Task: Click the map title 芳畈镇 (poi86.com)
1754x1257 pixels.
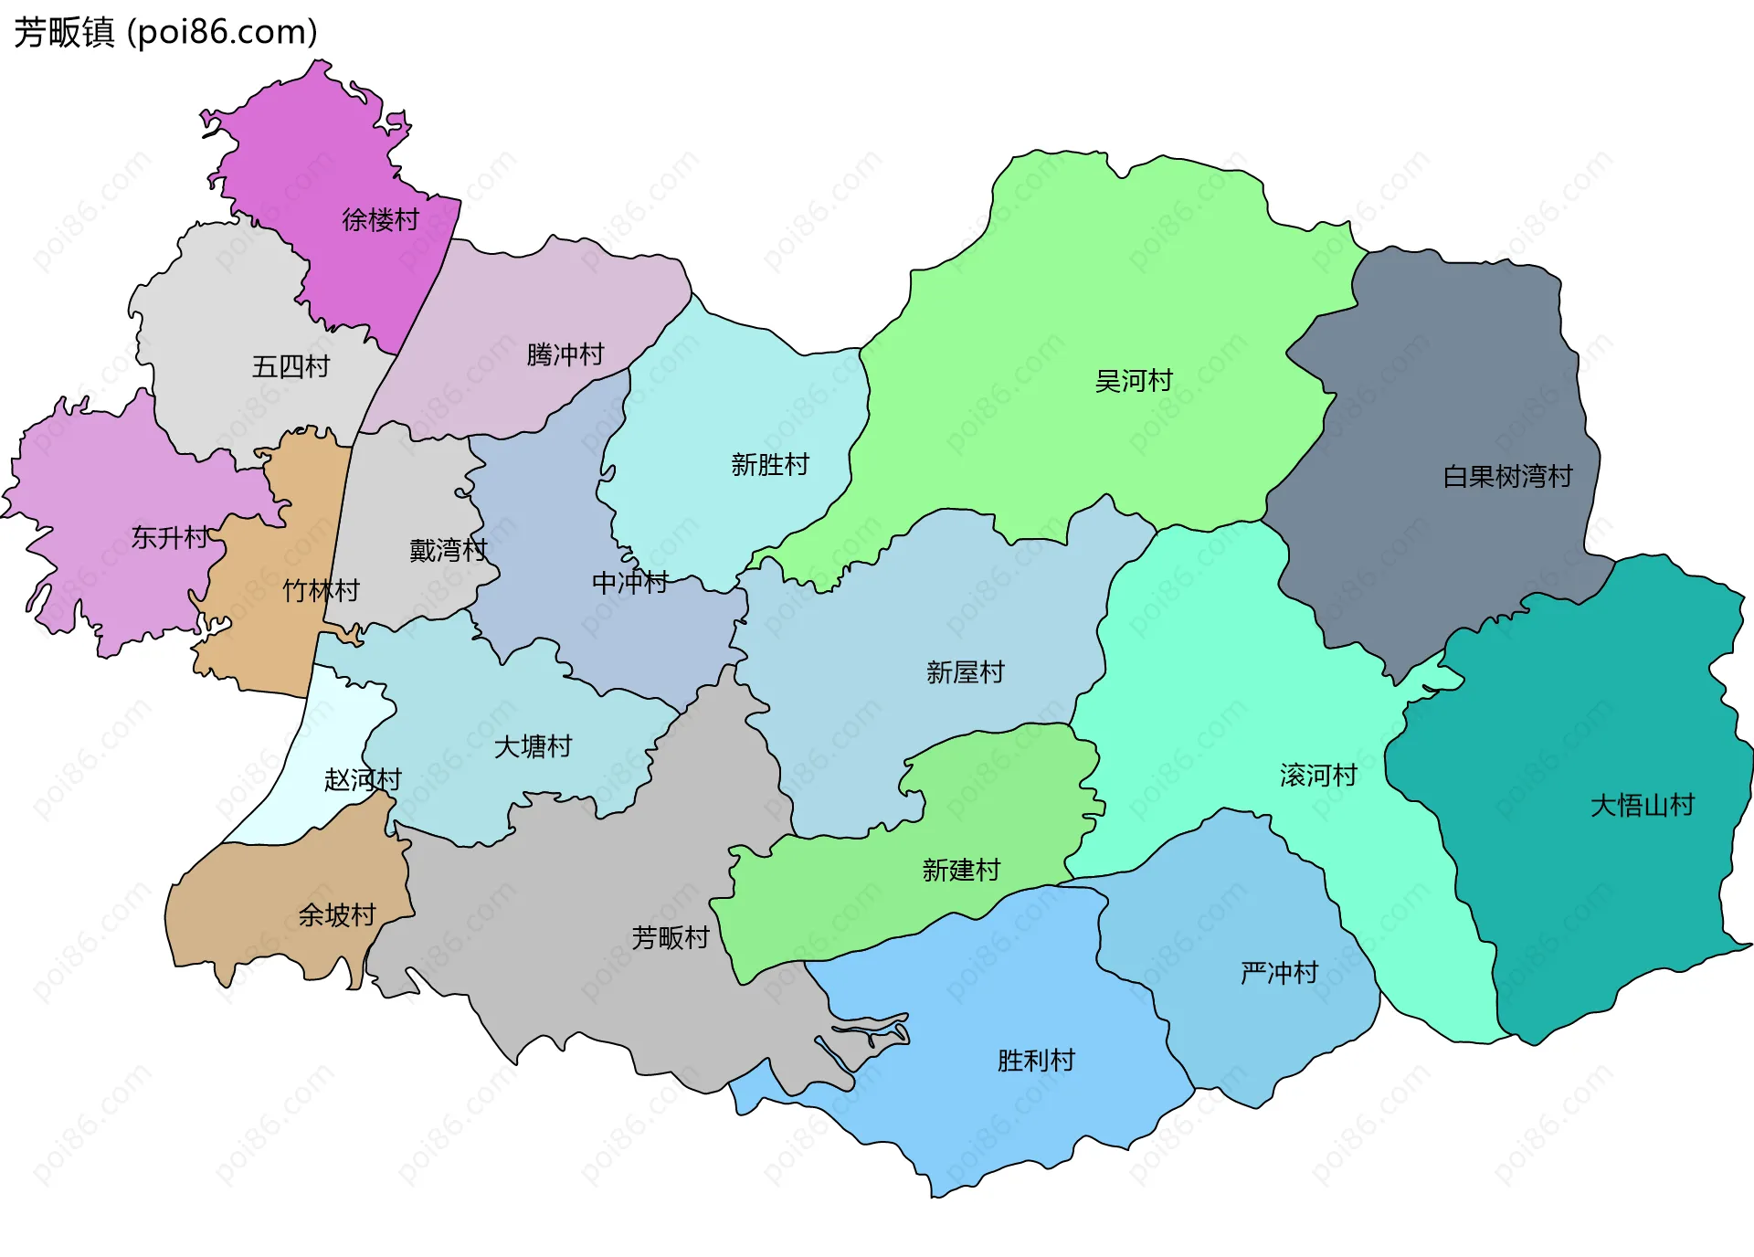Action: (165, 32)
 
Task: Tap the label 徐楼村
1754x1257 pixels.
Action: (380, 220)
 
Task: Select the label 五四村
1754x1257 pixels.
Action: (291, 367)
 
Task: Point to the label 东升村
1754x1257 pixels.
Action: (170, 537)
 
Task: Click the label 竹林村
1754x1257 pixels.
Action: (321, 591)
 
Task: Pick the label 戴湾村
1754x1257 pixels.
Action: (448, 551)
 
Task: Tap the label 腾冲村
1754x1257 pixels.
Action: (565, 354)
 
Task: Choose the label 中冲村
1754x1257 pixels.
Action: (630, 582)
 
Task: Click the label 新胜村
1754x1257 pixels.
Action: (770, 465)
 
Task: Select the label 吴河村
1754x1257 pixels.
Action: (1134, 381)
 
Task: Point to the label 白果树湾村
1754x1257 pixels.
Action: (1507, 477)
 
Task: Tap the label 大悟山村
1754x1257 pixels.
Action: (1643, 806)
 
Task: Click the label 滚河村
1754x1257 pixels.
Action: (1318, 776)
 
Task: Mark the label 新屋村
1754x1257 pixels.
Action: (965, 672)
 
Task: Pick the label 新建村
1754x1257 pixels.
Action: (961, 870)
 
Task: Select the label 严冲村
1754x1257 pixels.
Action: (1279, 973)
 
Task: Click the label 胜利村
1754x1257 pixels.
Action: (1036, 1061)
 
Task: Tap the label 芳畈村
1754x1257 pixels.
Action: (671, 937)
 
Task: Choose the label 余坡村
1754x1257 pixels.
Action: (337, 915)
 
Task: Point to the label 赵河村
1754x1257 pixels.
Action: (363, 780)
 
